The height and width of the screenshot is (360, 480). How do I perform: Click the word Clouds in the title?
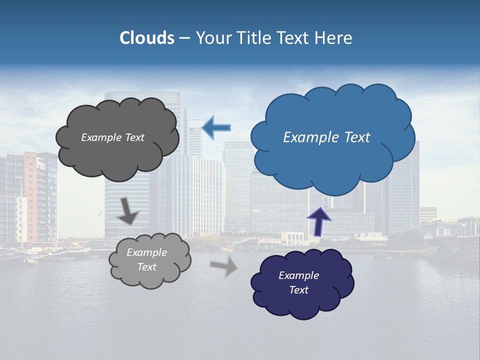(x=147, y=38)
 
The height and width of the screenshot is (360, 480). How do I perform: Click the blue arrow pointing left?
(x=216, y=127)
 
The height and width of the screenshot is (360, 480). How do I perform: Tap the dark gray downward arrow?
(x=127, y=211)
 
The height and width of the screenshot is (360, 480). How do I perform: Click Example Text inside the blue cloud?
(x=326, y=137)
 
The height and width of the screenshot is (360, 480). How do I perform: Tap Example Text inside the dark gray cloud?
(x=112, y=137)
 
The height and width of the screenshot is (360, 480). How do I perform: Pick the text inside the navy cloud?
(x=298, y=282)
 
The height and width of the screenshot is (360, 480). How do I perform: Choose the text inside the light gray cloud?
(x=146, y=259)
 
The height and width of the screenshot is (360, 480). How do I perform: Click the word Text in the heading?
(x=295, y=38)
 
